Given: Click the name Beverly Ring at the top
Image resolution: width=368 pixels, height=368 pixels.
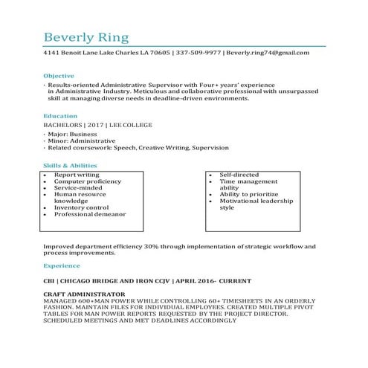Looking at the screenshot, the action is (x=86, y=37).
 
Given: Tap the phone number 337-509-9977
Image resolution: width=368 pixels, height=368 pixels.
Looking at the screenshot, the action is (x=198, y=54).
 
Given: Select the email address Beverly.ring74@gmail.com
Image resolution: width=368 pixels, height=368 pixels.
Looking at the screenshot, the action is (x=268, y=54).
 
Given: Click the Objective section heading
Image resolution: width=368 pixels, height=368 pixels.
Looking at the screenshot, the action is (x=59, y=76).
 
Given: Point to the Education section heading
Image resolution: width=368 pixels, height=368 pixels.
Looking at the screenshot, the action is (x=59, y=117).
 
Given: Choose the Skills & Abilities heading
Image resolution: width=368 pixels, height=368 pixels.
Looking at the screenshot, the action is (x=71, y=165).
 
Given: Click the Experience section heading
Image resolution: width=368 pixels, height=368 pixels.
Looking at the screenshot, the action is (x=62, y=265).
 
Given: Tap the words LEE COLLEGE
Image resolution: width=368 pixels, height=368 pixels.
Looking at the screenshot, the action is (x=131, y=126).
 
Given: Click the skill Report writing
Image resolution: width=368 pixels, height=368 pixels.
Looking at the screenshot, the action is (x=77, y=175).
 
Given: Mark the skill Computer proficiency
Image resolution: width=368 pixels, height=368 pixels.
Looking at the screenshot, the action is (x=88, y=181).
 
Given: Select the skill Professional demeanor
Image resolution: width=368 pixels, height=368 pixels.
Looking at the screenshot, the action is (x=90, y=214).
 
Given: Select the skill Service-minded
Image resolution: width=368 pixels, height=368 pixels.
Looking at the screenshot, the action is (x=80, y=188).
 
